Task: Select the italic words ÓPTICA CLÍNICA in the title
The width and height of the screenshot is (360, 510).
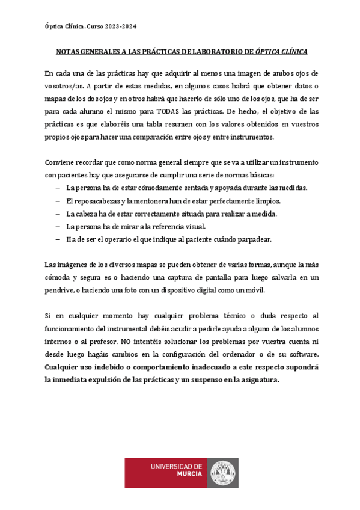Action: click(x=281, y=52)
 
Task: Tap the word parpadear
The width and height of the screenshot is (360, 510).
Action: click(x=255, y=239)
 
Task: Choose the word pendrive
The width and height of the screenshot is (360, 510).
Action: click(x=59, y=290)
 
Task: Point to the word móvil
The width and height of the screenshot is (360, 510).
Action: click(x=252, y=290)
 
